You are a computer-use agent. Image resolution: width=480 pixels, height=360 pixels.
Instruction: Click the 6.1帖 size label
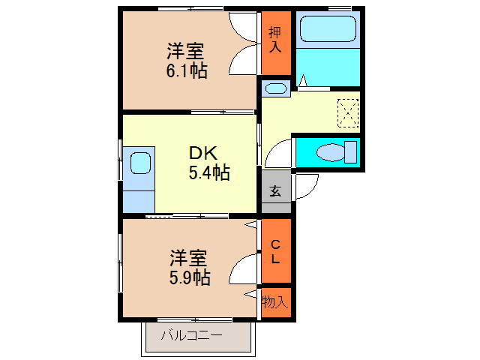[x=187, y=71]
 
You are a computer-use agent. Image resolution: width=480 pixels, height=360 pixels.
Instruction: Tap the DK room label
[x=202, y=153]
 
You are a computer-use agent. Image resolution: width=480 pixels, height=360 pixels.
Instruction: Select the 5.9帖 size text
[x=188, y=277]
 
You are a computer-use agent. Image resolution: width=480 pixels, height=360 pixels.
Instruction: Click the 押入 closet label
[x=275, y=40]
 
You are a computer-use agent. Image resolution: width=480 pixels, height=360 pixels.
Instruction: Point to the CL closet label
[x=275, y=251]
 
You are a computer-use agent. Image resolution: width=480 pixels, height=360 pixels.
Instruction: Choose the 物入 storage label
[x=274, y=301]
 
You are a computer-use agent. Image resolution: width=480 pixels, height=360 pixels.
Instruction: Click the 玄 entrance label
[x=275, y=190]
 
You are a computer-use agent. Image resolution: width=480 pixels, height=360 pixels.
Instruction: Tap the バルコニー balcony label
[x=191, y=334]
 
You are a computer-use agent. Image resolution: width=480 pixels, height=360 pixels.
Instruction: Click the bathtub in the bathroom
[x=328, y=29]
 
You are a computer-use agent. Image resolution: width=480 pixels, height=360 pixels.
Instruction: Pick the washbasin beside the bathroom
[x=275, y=89]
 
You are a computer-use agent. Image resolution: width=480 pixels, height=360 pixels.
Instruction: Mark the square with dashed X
[x=349, y=112]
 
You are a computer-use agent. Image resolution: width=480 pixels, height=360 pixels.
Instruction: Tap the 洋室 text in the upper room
[x=186, y=52]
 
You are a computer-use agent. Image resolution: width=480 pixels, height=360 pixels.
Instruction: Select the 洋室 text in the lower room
[x=187, y=258]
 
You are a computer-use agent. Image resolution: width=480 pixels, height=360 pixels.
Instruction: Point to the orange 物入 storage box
[x=275, y=303]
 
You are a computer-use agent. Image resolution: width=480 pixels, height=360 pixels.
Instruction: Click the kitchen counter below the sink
[x=138, y=200]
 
